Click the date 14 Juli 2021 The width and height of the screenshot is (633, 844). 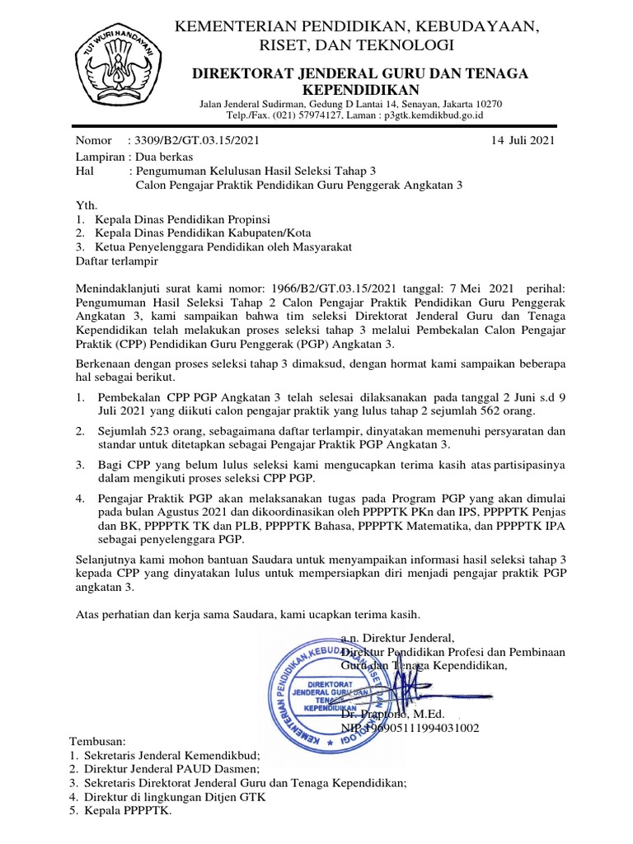pos(523,140)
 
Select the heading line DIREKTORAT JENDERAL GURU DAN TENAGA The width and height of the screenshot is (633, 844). pos(359,74)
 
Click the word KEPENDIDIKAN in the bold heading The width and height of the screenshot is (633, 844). pos(359,90)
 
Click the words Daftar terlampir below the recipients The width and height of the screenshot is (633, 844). pos(116,261)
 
